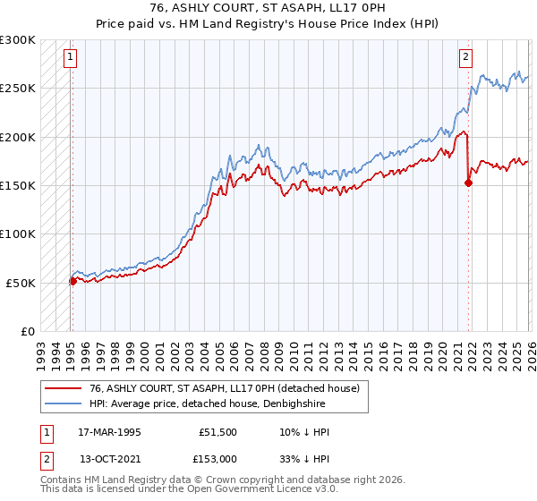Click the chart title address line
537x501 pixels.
pos(268,8)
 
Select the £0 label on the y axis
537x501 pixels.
pos(27,331)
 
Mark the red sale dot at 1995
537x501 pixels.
pos(72,281)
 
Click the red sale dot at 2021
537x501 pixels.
pos(468,183)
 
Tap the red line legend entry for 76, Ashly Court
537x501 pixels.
pos(224,388)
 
